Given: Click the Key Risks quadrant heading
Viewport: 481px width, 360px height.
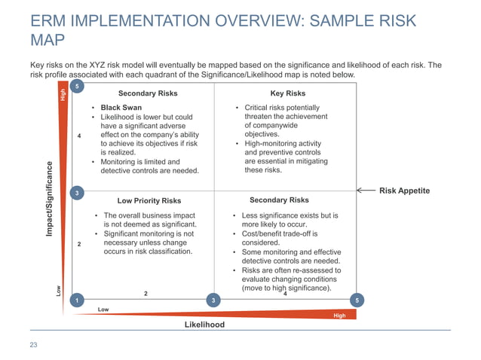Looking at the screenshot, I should (287, 94).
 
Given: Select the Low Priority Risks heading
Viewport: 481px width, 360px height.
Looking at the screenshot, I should (149, 201).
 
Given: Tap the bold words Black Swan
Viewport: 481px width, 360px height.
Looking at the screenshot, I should (121, 108).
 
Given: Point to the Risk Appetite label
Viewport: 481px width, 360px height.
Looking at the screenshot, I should (404, 191).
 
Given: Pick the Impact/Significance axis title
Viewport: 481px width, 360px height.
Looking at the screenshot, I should (50, 200).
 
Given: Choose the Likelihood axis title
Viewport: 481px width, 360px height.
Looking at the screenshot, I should (204, 325).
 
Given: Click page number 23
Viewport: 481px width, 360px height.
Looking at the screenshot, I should (33, 345).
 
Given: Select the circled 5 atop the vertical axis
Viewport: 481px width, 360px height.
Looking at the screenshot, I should (76, 87).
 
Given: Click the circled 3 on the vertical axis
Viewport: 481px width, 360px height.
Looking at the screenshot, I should (76, 194).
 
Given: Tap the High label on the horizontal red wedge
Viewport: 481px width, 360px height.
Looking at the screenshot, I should (339, 316).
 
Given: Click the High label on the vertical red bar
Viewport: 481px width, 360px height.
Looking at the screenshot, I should (63, 95).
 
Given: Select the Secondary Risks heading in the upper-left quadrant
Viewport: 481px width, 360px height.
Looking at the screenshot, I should (148, 94).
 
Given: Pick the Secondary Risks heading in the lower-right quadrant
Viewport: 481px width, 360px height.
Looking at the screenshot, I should (279, 200).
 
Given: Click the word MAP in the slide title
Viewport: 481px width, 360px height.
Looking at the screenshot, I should (47, 39).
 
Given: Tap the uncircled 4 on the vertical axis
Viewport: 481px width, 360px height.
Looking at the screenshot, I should (78, 136).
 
